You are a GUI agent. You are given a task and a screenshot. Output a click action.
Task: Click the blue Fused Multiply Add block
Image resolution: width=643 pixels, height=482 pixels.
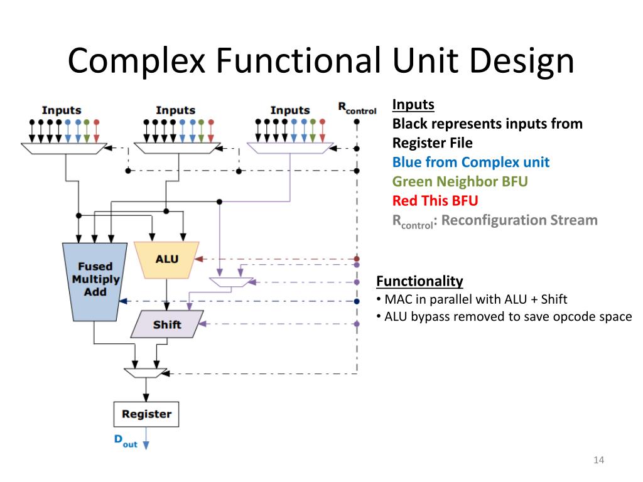(x=95, y=282)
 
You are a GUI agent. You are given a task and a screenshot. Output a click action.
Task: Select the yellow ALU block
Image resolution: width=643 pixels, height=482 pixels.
(x=167, y=260)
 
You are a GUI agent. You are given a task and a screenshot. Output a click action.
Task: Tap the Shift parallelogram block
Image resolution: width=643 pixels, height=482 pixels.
(x=167, y=324)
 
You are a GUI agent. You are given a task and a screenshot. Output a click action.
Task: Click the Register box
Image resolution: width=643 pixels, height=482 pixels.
(x=146, y=414)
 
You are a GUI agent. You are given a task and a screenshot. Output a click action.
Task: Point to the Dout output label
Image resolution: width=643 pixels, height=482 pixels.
(x=126, y=441)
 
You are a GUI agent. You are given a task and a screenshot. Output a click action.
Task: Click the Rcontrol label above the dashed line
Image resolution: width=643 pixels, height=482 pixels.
(x=357, y=109)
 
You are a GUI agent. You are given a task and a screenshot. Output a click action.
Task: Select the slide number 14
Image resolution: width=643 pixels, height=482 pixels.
(x=598, y=460)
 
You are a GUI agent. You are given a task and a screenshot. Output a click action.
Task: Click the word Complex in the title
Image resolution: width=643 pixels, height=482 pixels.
(x=136, y=61)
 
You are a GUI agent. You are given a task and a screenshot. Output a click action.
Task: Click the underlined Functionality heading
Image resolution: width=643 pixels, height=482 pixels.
(x=419, y=281)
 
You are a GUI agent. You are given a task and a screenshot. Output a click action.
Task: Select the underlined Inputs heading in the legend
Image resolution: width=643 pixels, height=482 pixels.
(x=413, y=105)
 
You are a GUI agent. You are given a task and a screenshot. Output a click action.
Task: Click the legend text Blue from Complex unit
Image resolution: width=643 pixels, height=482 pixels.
(x=471, y=163)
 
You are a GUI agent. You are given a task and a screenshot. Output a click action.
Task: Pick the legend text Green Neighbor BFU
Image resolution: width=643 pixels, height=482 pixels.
(x=460, y=181)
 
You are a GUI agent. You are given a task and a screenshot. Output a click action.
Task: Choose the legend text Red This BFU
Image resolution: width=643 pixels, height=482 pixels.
(x=435, y=201)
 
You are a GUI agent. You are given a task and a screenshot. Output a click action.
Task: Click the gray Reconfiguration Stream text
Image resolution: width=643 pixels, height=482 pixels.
(x=519, y=220)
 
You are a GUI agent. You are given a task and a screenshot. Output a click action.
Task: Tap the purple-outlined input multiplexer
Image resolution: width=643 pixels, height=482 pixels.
(x=290, y=148)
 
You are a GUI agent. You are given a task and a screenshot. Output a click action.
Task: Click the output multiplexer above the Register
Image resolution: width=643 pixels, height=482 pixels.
(x=146, y=373)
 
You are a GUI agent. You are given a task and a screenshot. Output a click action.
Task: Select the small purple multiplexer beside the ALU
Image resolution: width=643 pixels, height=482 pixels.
(x=231, y=282)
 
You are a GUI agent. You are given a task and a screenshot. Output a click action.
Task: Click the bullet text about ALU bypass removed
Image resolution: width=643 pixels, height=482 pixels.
(x=508, y=317)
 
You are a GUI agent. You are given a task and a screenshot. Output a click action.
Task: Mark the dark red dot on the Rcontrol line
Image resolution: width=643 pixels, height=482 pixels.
(x=357, y=259)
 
